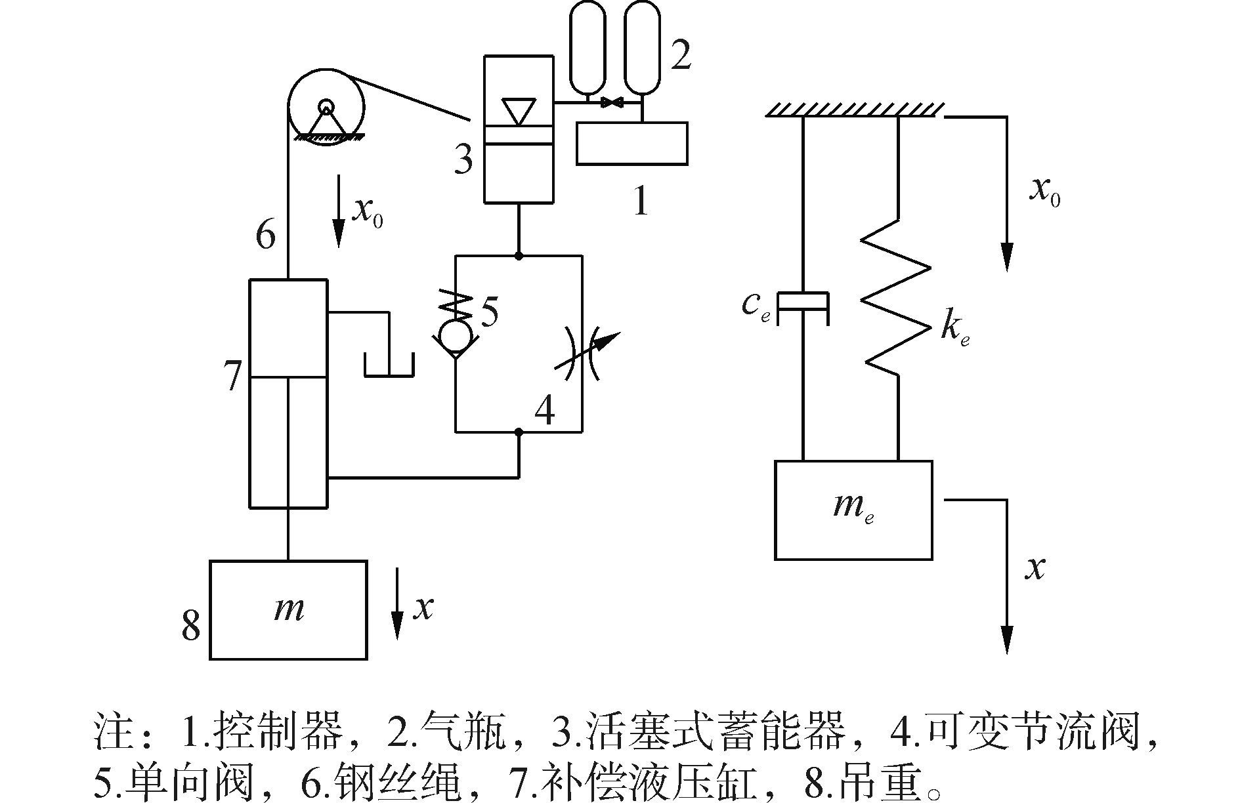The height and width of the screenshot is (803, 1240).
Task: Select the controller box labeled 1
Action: tap(632, 143)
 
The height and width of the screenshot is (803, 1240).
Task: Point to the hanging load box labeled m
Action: tap(288, 609)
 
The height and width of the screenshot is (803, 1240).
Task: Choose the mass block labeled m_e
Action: tap(853, 510)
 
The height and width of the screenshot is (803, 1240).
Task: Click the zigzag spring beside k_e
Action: tap(896, 301)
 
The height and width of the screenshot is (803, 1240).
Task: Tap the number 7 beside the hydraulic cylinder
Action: tap(232, 376)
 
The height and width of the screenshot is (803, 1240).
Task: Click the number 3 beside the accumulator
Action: tap(463, 158)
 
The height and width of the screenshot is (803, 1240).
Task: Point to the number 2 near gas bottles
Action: tap(680, 54)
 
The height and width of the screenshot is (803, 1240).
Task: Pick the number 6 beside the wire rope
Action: tap(265, 234)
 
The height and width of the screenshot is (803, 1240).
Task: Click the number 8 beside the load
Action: tap(190, 625)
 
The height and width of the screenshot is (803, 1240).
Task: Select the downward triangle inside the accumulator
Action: tap(519, 110)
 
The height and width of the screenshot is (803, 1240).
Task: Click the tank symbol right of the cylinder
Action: tap(389, 363)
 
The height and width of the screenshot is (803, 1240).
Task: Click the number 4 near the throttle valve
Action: tap(545, 411)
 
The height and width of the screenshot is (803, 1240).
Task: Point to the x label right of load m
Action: tap(423, 608)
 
